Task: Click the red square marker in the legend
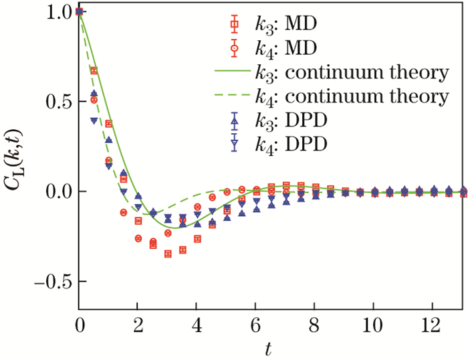point(234,25)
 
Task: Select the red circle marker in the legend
point(234,48)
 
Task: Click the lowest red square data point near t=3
point(168,254)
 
